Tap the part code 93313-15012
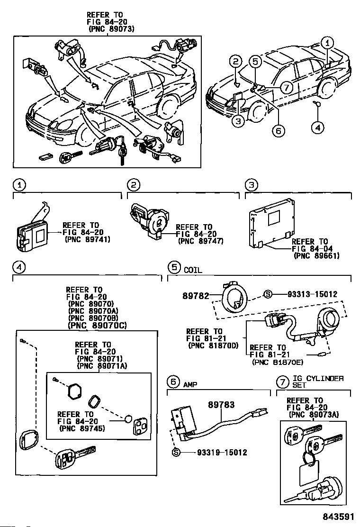click(312, 294)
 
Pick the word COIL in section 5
click(193, 270)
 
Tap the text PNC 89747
click(201, 241)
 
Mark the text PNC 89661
click(317, 256)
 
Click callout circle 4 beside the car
click(318, 127)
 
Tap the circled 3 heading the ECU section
click(252, 185)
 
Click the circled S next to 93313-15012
click(267, 294)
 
